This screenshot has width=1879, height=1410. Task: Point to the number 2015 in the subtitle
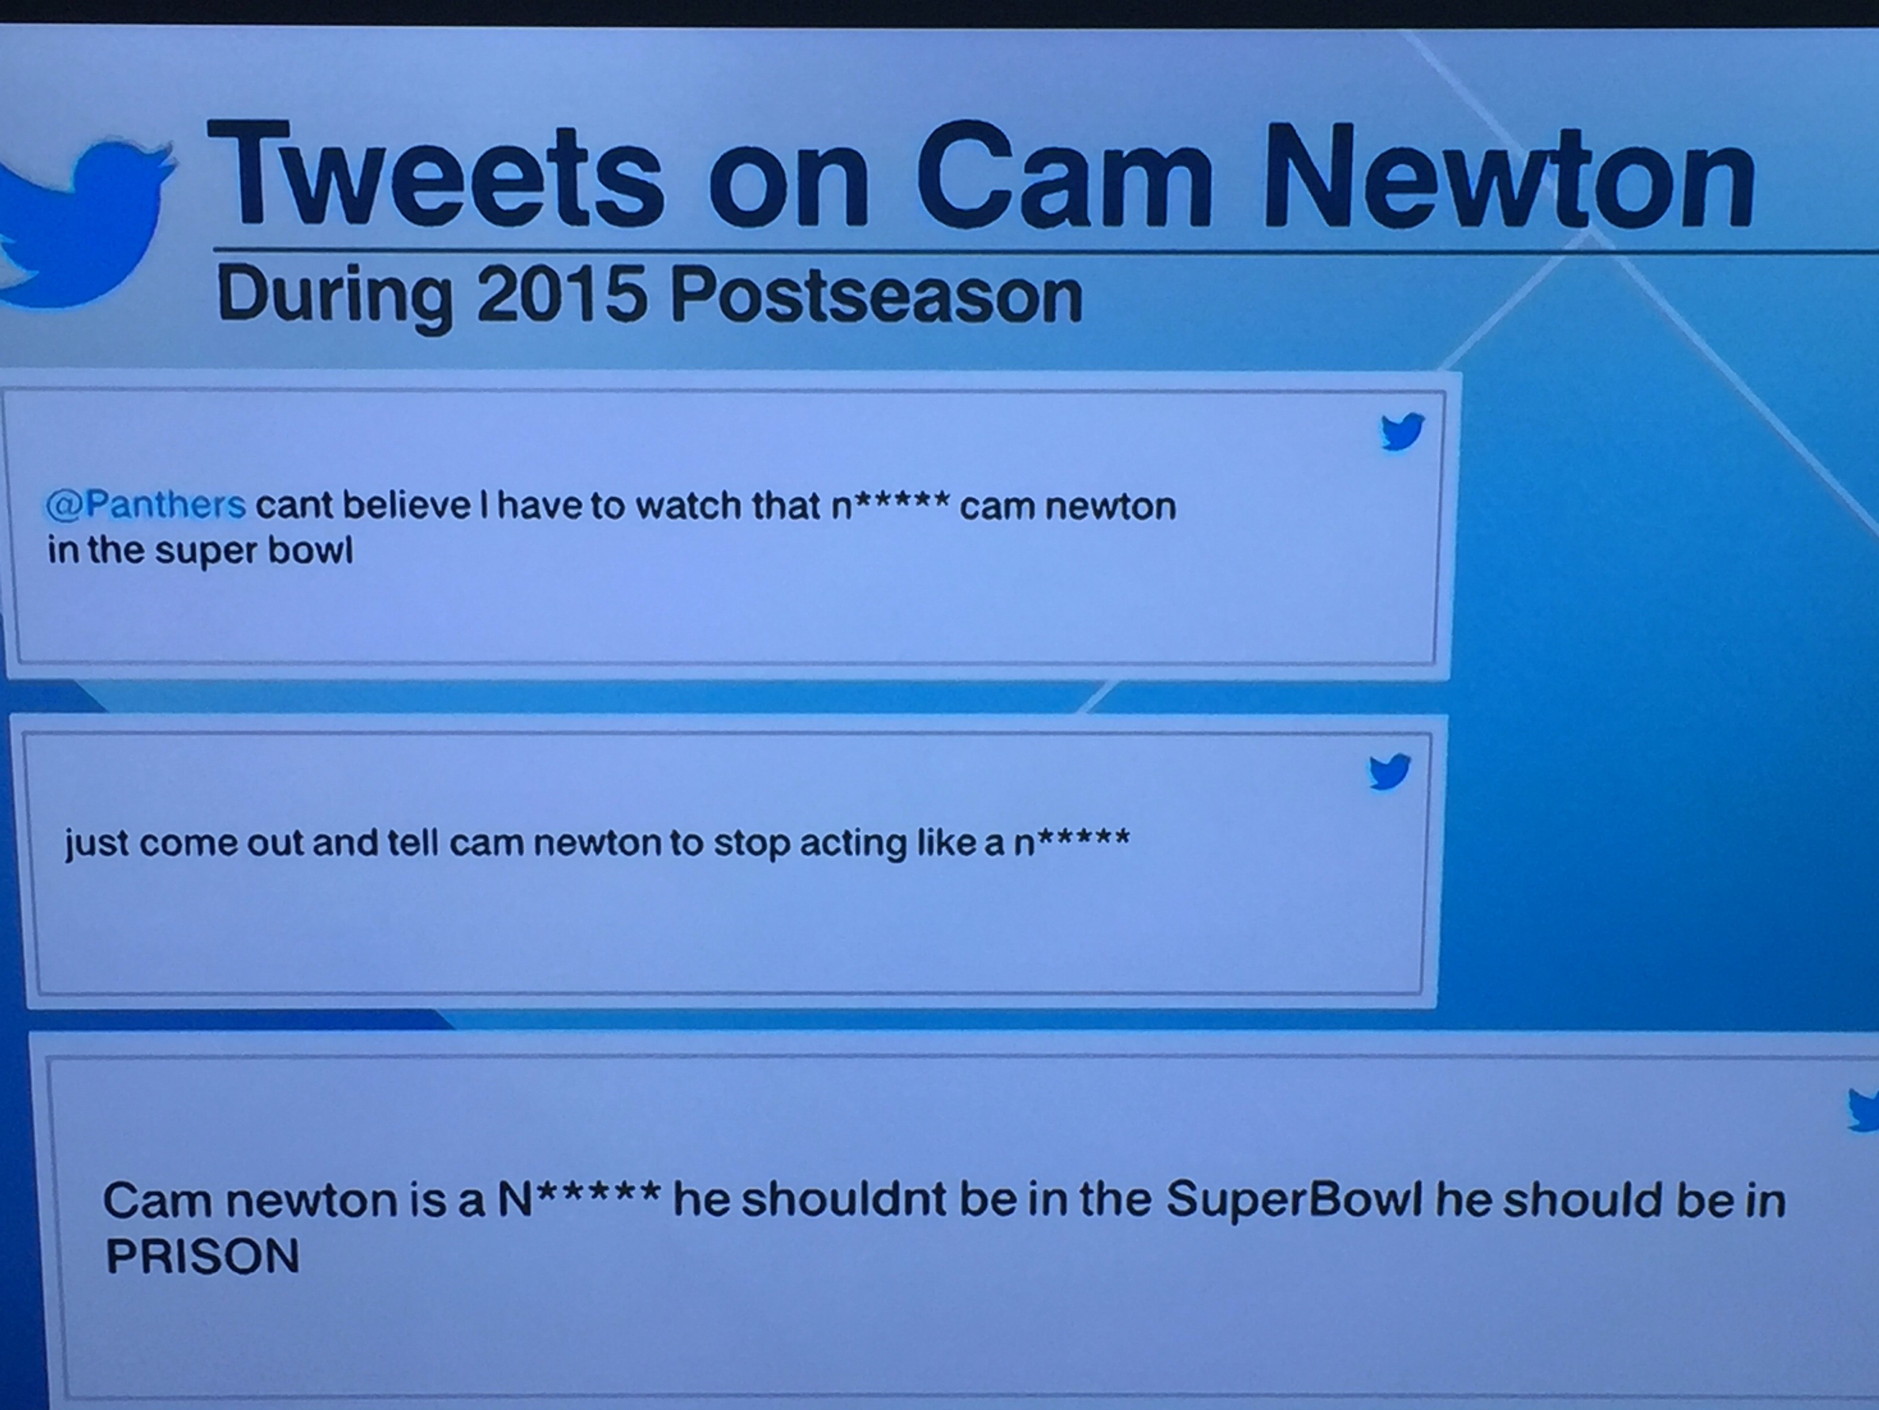pos(561,294)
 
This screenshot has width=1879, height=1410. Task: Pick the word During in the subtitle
pos(334,297)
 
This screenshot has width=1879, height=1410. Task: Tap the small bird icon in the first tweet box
pos(1402,432)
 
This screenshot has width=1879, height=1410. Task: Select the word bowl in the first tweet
pos(310,550)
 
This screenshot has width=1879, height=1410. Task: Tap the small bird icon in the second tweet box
pos(1389,772)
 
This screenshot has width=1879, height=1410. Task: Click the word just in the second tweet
pos(96,844)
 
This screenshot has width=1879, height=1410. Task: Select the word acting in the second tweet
pos(852,844)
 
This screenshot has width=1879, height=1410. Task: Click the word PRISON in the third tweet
pos(202,1255)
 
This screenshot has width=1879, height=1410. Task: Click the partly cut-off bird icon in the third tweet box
pos(1865,1110)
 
